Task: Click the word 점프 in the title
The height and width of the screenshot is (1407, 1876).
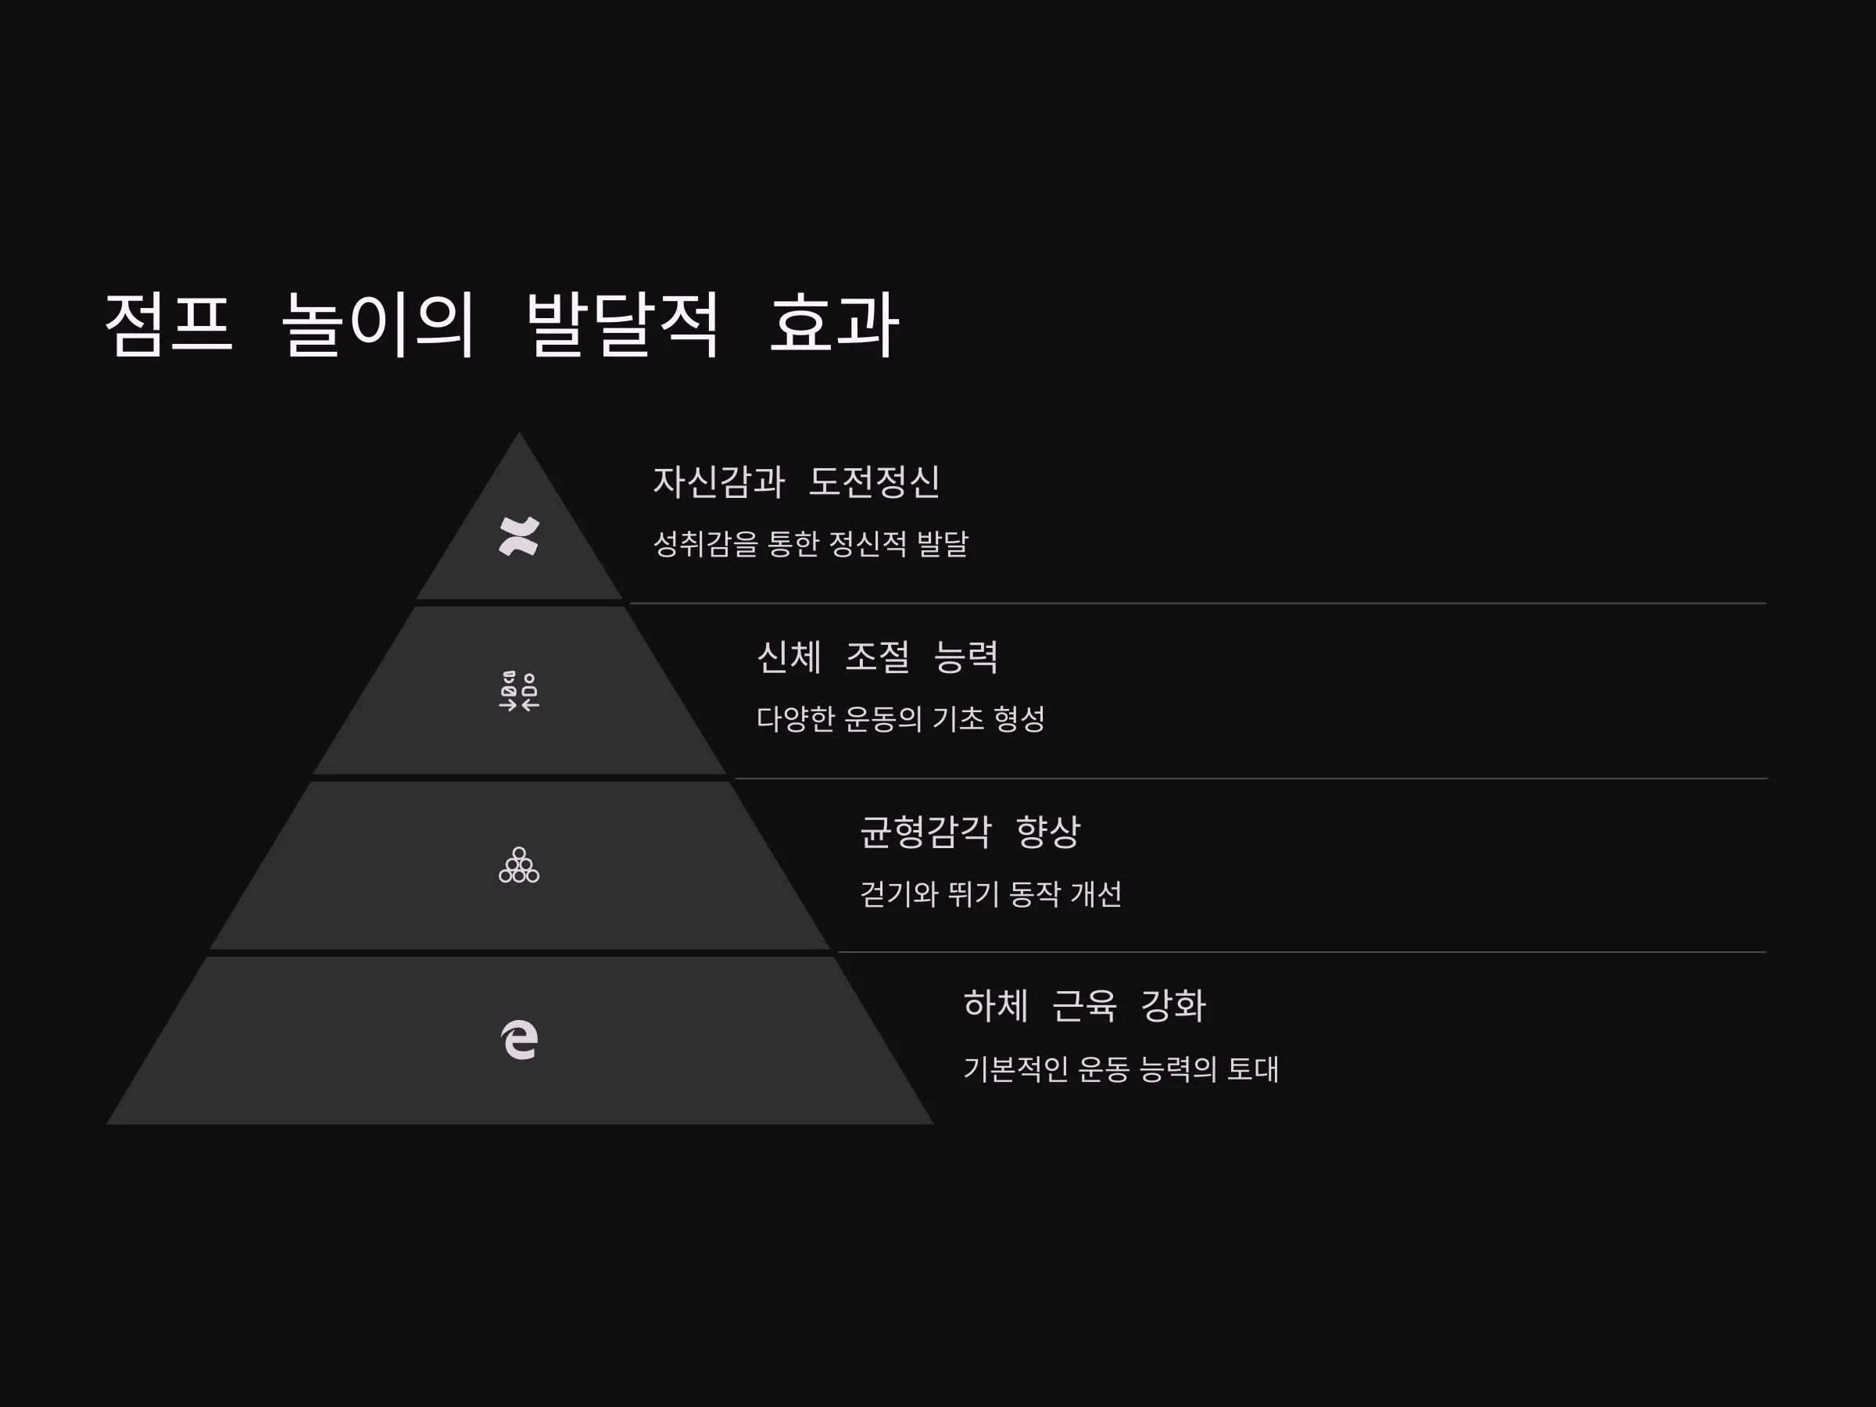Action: click(x=168, y=325)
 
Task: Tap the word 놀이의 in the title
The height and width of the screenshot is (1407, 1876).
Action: click(x=378, y=325)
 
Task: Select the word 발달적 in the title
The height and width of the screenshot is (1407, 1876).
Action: click(x=621, y=325)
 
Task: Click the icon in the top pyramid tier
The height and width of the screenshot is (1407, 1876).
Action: click(x=519, y=536)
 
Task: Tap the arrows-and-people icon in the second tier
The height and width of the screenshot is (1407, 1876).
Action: click(x=519, y=691)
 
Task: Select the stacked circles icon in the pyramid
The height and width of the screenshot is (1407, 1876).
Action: click(x=519, y=865)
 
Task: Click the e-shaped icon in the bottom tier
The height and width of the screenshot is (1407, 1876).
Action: click(x=519, y=1040)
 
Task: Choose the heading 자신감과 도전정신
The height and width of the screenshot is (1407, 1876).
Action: click(x=797, y=482)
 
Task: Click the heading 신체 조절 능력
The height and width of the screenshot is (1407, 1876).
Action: click(x=878, y=657)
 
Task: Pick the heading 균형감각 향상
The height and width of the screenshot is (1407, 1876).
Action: click(x=970, y=832)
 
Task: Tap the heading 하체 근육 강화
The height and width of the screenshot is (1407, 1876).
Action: click(x=1085, y=1006)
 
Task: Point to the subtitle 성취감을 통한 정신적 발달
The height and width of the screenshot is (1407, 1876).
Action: click(x=811, y=543)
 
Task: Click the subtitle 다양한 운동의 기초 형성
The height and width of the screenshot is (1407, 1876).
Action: click(x=900, y=719)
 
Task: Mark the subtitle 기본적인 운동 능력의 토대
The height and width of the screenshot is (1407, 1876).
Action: click(x=1121, y=1069)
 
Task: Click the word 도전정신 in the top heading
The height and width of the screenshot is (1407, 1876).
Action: click(x=875, y=482)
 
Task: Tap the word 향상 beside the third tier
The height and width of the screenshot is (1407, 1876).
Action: click(x=1048, y=832)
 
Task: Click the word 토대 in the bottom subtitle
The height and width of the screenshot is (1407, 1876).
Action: click(x=1253, y=1069)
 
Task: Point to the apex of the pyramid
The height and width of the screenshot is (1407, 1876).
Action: click(x=519, y=433)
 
